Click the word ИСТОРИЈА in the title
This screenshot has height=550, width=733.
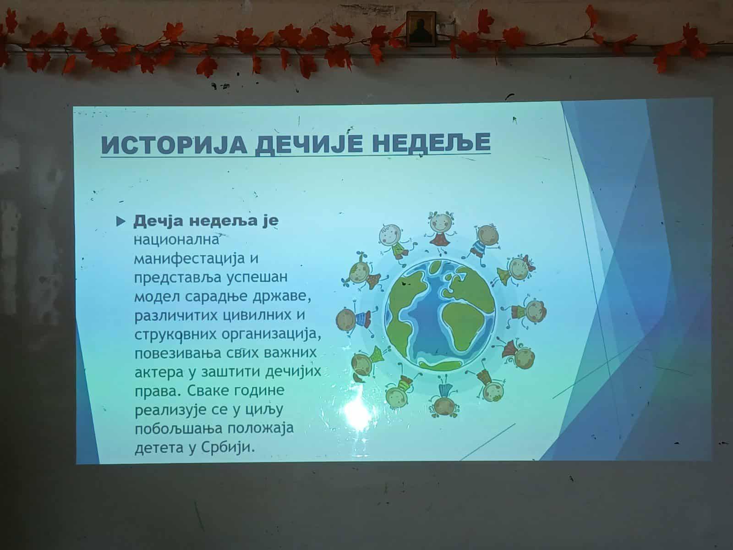pyautogui.click(x=174, y=144)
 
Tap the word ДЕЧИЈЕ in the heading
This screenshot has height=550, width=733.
pyautogui.click(x=309, y=143)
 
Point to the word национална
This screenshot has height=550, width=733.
pyautogui.click(x=176, y=240)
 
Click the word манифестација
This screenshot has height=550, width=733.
pyautogui.click(x=189, y=259)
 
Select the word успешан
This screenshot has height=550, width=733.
pyautogui.click(x=257, y=278)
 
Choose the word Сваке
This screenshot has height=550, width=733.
pyautogui.click(x=202, y=390)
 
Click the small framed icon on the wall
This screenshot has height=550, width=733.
pyautogui.click(x=421, y=28)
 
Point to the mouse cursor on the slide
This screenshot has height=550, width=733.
pyautogui.click(x=514, y=120)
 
